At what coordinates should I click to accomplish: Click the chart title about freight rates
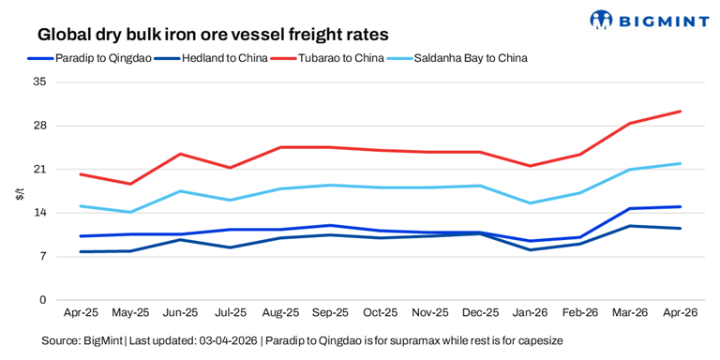coord(213,34)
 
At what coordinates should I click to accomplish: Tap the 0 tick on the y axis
coord(42,300)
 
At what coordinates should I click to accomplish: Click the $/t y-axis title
coord(19,193)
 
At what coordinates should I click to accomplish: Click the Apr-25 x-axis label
coord(81,312)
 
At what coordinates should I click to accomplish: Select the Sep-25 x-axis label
coord(330,312)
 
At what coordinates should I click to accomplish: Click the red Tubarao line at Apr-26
coord(680,112)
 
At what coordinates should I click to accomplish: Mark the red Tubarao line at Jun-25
coord(180,154)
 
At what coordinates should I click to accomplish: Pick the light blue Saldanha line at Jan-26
coord(531,202)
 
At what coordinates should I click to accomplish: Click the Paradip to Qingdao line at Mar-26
coord(630,208)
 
